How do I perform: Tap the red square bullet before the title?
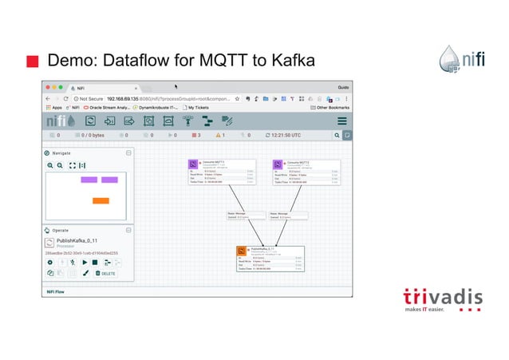[x=31, y=61]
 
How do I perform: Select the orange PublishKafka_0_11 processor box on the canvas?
[x=269, y=259]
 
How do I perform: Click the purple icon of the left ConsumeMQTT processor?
[x=204, y=164]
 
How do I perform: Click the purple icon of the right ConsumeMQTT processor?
[x=279, y=164]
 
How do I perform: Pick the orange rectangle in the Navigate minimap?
[x=101, y=200]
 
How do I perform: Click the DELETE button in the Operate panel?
[x=105, y=273]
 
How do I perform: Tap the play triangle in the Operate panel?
[x=84, y=262]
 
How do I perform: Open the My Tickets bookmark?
[x=201, y=107]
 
